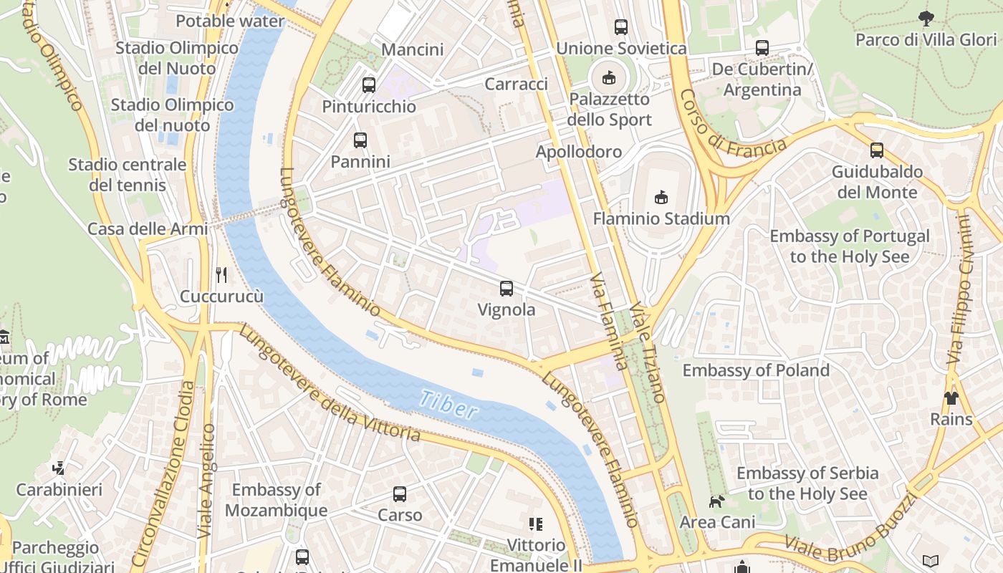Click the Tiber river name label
click(448, 405)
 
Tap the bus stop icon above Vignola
click(507, 289)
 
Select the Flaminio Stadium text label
click(661, 218)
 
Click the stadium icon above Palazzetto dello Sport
click(609, 77)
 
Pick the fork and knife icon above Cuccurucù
click(221, 274)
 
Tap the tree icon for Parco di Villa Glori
click(926, 19)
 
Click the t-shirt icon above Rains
click(951, 398)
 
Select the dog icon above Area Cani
click(716, 501)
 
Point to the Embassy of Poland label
click(756, 370)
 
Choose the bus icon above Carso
click(400, 493)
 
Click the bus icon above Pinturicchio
click(369, 85)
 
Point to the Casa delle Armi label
click(147, 229)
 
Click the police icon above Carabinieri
click(59, 468)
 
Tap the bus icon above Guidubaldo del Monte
click(877, 150)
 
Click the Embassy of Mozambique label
click(276, 500)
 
